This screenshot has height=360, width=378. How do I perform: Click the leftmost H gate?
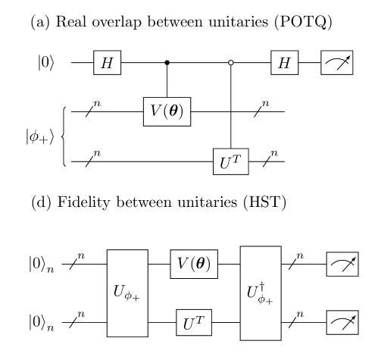tap(107, 63)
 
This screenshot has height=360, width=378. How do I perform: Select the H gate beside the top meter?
tap(284, 63)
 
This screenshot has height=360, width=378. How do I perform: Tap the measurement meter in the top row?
tap(336, 63)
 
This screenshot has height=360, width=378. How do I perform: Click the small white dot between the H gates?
tap(230, 62)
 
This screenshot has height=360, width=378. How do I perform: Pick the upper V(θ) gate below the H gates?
tap(167, 111)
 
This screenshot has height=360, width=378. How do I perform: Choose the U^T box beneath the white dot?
tap(230, 161)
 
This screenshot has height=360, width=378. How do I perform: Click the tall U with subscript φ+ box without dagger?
tap(127, 293)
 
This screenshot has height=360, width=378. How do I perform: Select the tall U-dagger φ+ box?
tap(261, 293)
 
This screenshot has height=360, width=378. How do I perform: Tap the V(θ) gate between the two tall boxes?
tap(194, 264)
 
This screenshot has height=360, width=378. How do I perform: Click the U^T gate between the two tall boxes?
tap(194, 323)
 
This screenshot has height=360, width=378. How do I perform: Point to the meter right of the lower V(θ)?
tap(342, 264)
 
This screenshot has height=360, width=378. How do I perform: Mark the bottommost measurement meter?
tap(342, 322)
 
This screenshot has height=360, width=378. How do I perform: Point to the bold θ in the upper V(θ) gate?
tap(175, 111)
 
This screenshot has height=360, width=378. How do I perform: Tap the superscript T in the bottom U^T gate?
tap(199, 319)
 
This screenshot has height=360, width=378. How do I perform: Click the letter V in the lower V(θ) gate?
tap(183, 265)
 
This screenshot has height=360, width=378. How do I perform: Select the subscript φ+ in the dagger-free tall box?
tap(132, 296)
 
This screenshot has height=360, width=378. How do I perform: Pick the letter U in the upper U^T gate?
tap(226, 164)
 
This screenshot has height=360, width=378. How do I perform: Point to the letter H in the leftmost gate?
tap(107, 63)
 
